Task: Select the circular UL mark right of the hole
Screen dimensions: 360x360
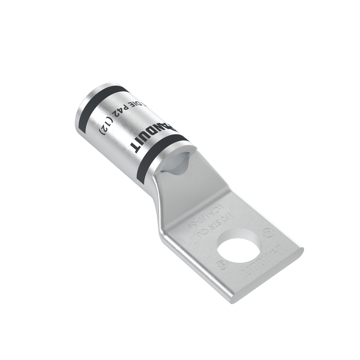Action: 270,232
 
